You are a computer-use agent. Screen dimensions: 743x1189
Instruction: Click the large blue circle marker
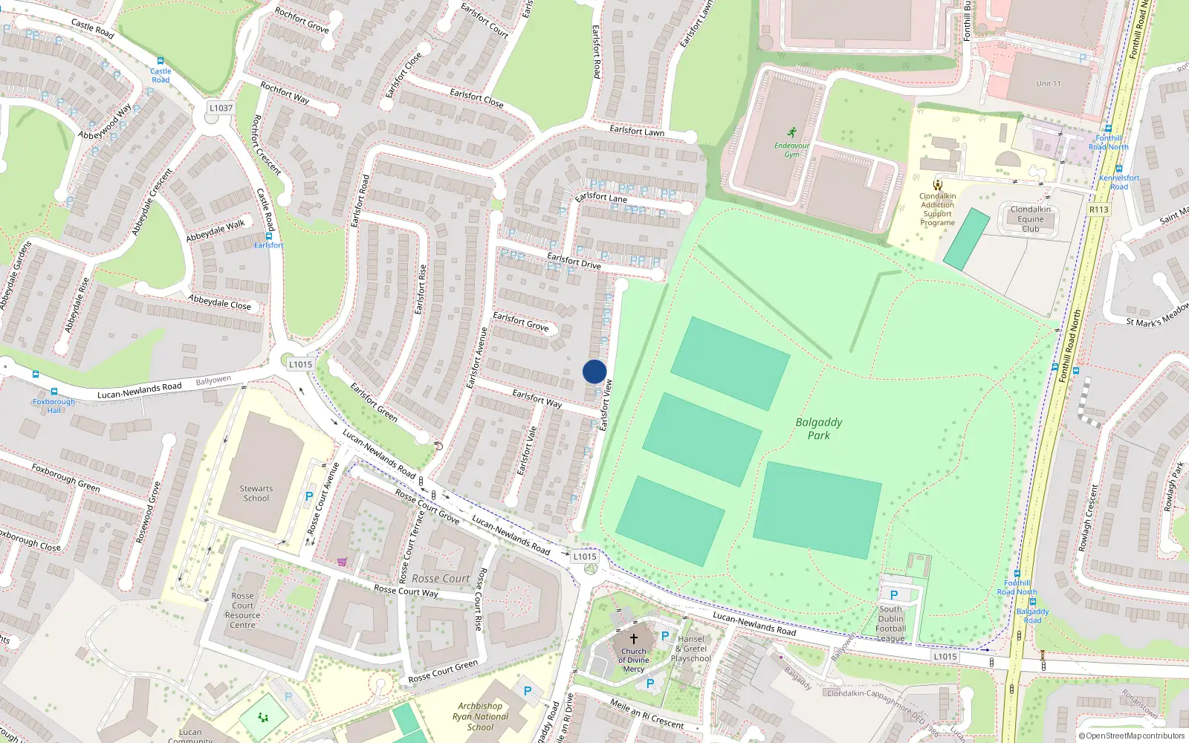pos(594,371)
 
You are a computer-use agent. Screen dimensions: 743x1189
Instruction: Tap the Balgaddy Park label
pos(819,429)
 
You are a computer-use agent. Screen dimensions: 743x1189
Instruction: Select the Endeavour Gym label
pos(791,149)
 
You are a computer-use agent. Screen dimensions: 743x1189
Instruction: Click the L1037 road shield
pos(221,108)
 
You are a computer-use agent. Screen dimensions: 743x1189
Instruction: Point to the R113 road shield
pos(1099,210)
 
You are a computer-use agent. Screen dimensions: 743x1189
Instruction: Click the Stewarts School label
pos(256,493)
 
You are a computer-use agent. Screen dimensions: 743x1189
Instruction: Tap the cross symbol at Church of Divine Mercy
pos(634,638)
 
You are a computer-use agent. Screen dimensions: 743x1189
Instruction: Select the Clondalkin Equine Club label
pos(1031,219)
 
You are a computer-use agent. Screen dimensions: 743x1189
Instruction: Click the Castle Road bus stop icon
pos(160,61)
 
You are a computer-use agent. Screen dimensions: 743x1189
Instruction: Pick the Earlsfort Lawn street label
pos(637,131)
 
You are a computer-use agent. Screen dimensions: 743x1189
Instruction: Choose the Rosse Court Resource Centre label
pos(242,610)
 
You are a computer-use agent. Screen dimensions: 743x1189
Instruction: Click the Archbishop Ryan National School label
pos(480,717)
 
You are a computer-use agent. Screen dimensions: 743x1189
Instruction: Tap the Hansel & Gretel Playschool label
pos(691,649)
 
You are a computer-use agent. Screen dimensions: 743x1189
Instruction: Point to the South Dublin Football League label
pos(890,623)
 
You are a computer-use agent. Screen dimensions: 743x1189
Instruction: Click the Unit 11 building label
pos(1049,84)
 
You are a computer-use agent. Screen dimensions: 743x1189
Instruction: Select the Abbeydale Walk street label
pos(216,231)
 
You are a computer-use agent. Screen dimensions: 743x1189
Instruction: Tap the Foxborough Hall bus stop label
pos(54,406)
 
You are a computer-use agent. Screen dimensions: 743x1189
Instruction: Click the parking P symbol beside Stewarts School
pos(309,496)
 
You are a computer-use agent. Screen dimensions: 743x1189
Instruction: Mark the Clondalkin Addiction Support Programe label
pos(938,210)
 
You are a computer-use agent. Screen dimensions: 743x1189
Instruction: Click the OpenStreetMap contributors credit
pos(1132,736)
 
